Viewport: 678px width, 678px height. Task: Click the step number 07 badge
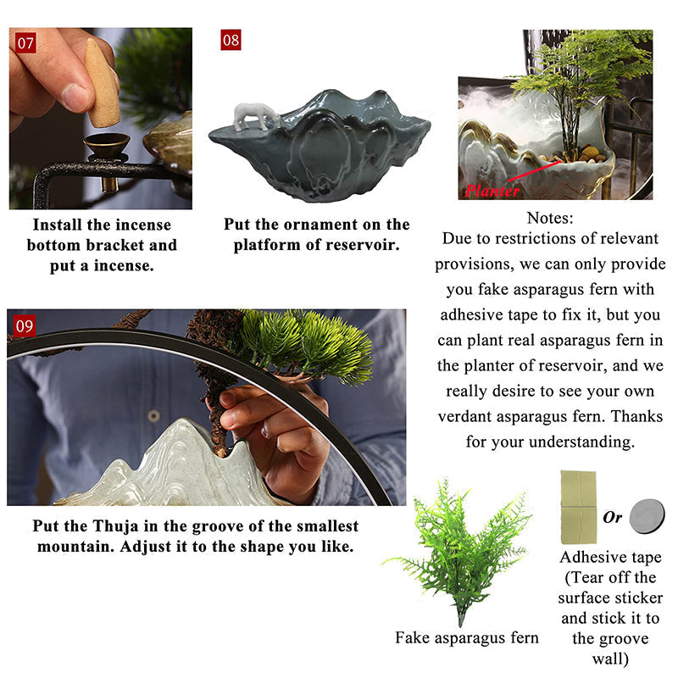pos(24,42)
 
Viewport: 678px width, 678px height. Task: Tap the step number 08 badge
pos(231,40)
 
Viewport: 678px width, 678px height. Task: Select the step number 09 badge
pos(25,324)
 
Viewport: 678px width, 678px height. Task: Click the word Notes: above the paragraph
pos(550,218)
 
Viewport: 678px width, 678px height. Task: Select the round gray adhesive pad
pos(647,516)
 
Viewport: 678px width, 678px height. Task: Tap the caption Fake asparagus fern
pos(467,637)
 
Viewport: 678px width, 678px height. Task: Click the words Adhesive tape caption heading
pos(610,557)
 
